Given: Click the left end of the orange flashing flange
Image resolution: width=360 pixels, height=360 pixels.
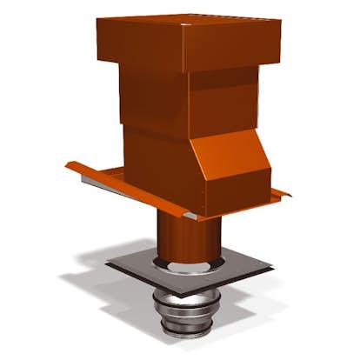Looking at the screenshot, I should click(73, 166).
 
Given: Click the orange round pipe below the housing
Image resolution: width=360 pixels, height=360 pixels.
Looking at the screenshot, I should click(178, 235).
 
